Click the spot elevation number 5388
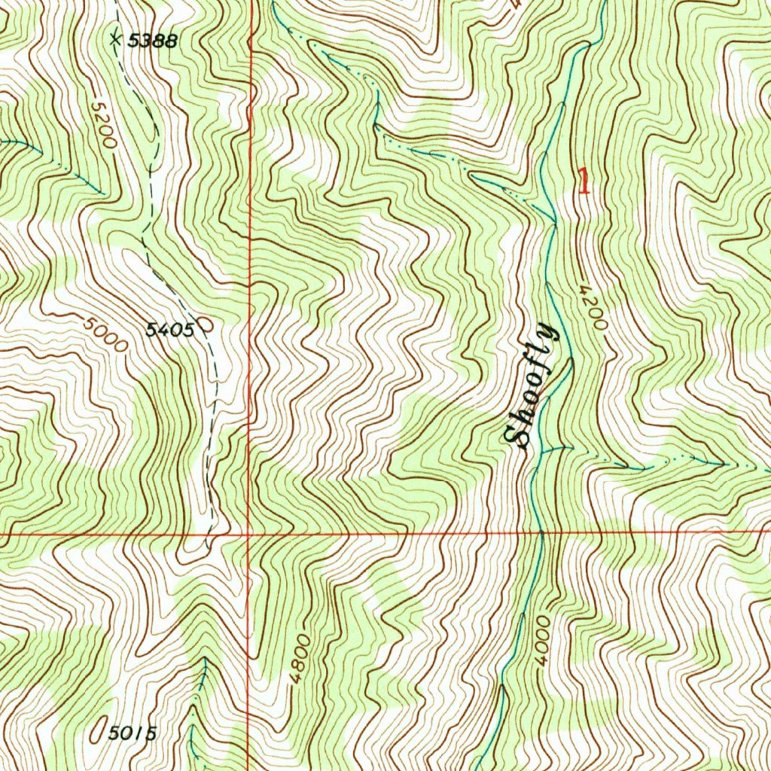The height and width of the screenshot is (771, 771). pyautogui.click(x=152, y=41)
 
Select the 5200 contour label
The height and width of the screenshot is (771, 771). pyautogui.click(x=102, y=125)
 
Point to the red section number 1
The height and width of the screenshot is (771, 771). pyautogui.click(x=583, y=181)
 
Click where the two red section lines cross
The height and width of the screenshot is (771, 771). pyautogui.click(x=248, y=535)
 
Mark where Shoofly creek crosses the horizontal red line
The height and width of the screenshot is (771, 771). pyautogui.click(x=540, y=533)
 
